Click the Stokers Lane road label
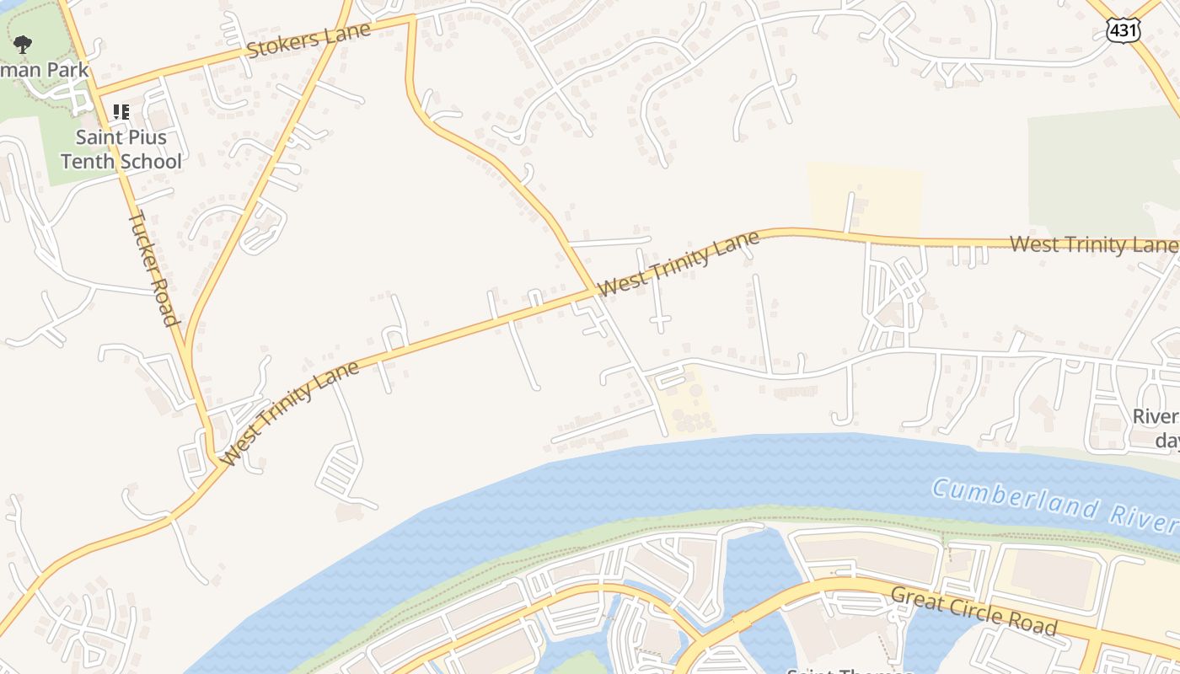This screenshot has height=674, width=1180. (x=308, y=40)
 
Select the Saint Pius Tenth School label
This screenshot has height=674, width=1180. (x=121, y=149)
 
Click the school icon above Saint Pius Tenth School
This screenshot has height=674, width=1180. (x=121, y=111)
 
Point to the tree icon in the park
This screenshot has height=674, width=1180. (x=23, y=43)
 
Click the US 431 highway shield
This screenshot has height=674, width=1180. (x=1124, y=31)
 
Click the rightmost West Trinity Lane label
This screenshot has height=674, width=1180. (x=1092, y=244)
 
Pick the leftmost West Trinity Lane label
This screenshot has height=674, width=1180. (x=292, y=413)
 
